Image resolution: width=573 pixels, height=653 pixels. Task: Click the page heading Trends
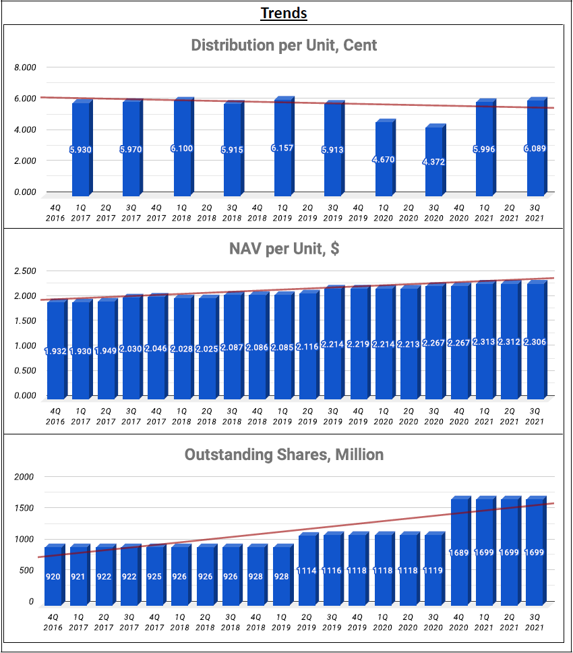[284, 13]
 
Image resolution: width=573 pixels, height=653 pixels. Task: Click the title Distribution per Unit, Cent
[284, 45]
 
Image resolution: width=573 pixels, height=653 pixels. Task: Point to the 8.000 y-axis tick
[27, 67]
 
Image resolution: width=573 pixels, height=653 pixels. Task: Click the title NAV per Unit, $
[284, 249]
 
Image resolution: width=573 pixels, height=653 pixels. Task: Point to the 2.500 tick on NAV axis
[27, 271]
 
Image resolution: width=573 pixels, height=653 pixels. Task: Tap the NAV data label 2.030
[131, 348]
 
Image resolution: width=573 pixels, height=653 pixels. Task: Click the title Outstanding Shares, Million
[284, 455]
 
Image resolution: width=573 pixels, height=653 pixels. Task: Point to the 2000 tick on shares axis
[24, 477]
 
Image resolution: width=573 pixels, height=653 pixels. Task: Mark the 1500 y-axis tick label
[24, 508]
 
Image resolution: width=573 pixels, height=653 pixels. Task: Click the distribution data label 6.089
[535, 148]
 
